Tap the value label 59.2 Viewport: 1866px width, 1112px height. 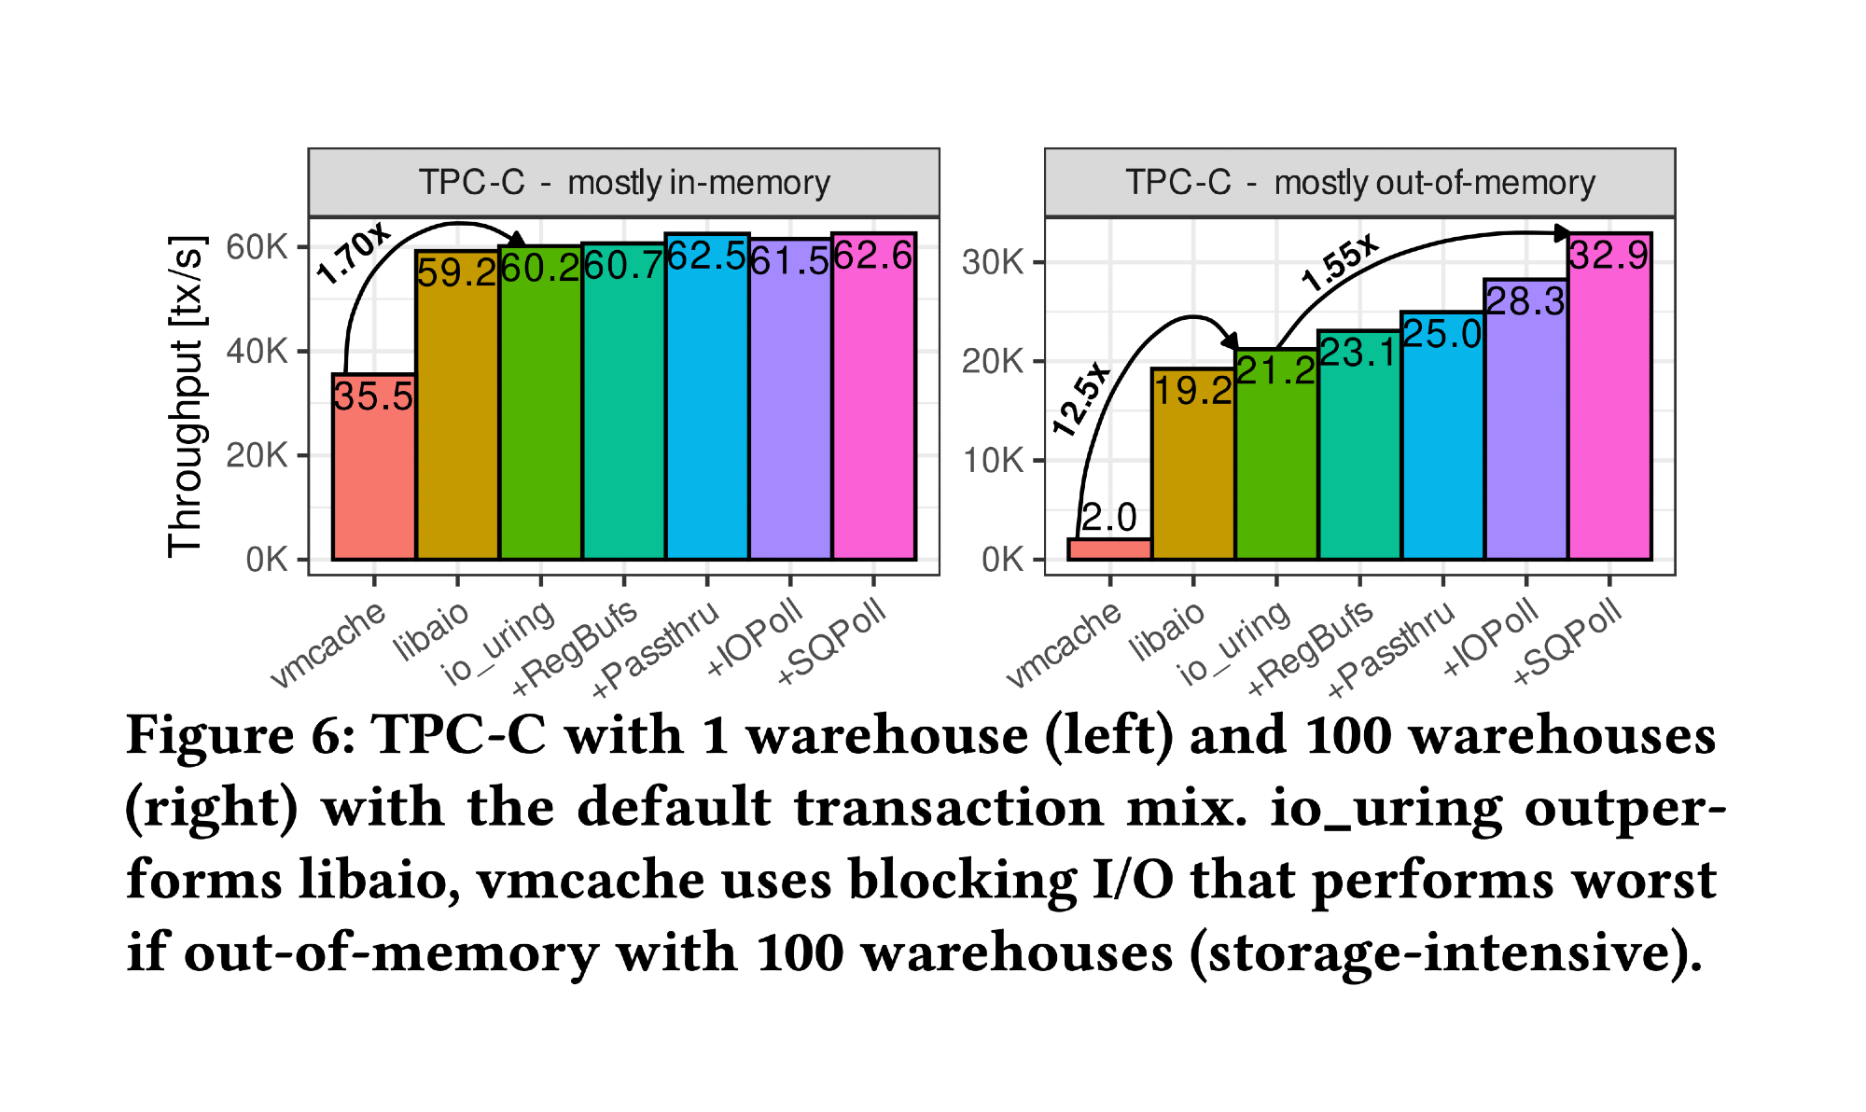click(456, 272)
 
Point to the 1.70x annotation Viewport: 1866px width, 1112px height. click(353, 254)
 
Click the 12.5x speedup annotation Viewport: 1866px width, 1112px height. click(1081, 398)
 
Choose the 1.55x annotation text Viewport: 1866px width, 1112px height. click(1339, 262)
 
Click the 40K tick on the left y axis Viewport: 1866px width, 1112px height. click(257, 352)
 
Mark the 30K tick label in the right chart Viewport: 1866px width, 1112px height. click(993, 262)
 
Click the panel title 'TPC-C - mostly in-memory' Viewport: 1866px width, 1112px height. click(623, 182)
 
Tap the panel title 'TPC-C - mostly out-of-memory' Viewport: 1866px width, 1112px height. click(1359, 182)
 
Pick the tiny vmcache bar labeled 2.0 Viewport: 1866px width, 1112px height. click(1109, 549)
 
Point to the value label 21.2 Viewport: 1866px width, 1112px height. click(1275, 371)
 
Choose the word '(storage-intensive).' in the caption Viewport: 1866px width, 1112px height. click(1447, 952)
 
